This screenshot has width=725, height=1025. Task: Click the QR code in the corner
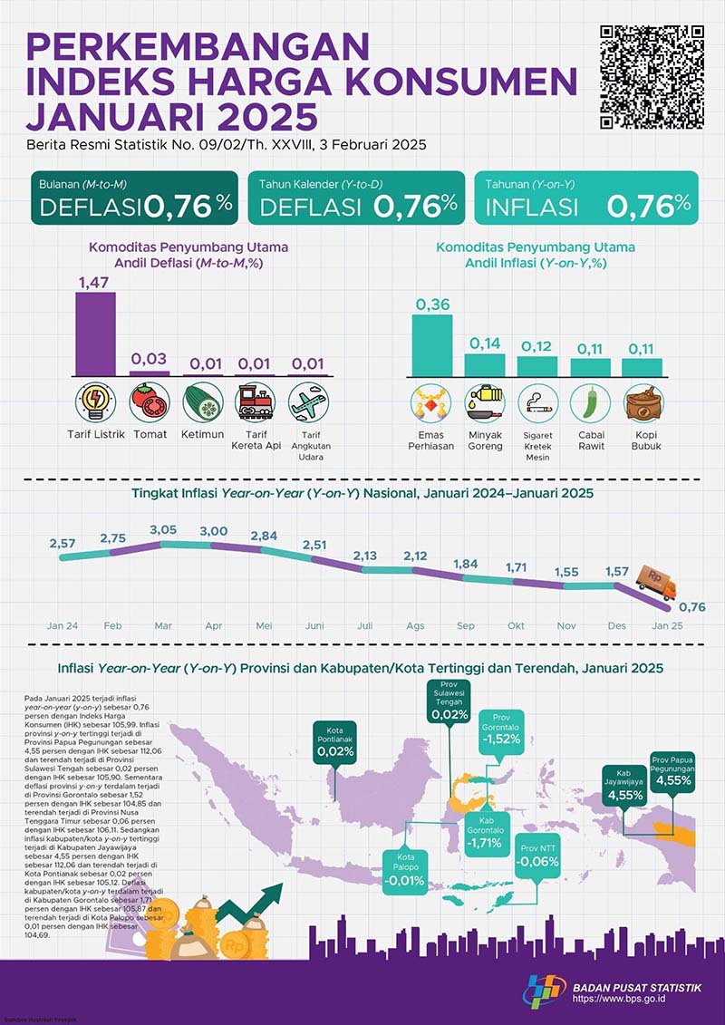653,78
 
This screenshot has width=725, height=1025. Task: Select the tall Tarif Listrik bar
94,333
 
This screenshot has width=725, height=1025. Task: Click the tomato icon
149,401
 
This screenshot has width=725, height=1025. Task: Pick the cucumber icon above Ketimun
203,401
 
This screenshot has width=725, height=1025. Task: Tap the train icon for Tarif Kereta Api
256,401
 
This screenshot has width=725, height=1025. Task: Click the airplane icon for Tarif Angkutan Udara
309,401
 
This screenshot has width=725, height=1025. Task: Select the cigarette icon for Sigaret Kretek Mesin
537,403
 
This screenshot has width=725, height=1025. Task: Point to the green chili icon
591,403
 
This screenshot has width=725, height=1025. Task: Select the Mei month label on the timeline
265,626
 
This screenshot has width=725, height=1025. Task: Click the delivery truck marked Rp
656,584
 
